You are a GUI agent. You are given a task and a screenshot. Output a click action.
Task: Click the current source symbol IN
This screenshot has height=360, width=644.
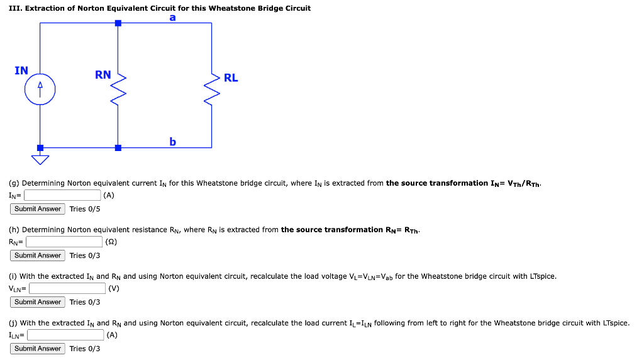point(40,90)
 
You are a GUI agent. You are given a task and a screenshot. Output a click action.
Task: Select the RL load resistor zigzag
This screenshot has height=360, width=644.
point(212,91)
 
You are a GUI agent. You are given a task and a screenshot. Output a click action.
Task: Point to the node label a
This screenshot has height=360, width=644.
point(172,18)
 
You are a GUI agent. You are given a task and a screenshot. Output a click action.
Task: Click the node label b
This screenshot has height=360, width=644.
point(172,142)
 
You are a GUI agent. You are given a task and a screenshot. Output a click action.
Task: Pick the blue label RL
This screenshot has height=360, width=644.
point(231,78)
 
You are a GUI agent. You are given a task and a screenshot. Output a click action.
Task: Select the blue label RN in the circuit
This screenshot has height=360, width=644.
point(103,75)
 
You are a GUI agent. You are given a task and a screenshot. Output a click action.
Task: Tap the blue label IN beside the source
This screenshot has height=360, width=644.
point(21,70)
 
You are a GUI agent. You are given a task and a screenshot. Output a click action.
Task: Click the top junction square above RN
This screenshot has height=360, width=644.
point(118,23)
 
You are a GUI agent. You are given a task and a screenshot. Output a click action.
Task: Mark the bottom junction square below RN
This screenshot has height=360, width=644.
point(118,148)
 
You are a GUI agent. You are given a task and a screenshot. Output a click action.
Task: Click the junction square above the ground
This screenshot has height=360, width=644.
point(40,148)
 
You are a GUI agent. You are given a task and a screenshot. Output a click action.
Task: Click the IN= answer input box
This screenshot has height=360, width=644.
point(62,195)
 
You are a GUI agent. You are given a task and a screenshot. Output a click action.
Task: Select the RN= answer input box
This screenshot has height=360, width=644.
point(64,242)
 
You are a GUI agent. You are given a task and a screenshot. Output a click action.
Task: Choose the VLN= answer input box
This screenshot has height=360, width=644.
point(67,288)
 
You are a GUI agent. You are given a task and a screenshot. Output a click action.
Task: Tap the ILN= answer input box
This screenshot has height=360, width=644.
point(67,335)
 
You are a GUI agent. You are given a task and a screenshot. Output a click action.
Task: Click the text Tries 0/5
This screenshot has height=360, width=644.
point(84,209)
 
